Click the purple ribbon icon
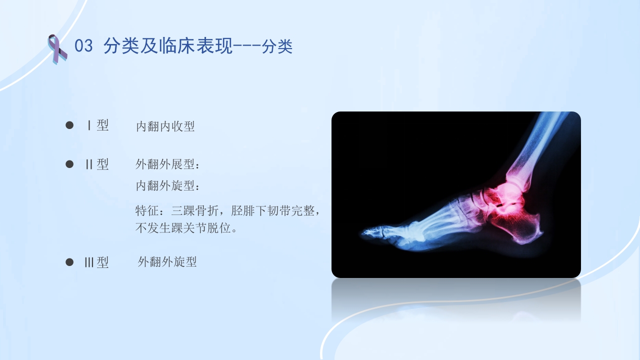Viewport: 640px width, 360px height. [x=57, y=48]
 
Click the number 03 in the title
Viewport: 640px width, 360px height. [x=83, y=46]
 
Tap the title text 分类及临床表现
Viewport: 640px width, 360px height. [x=168, y=46]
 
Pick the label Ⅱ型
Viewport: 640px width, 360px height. [x=97, y=164]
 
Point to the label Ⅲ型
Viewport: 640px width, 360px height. [x=96, y=262]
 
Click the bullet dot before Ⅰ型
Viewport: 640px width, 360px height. [x=69, y=125]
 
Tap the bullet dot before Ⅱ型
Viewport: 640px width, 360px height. [x=69, y=164]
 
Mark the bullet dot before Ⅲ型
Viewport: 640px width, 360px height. [x=69, y=262]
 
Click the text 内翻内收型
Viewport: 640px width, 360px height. [x=165, y=126]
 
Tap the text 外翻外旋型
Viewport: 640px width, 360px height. [x=167, y=261]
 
